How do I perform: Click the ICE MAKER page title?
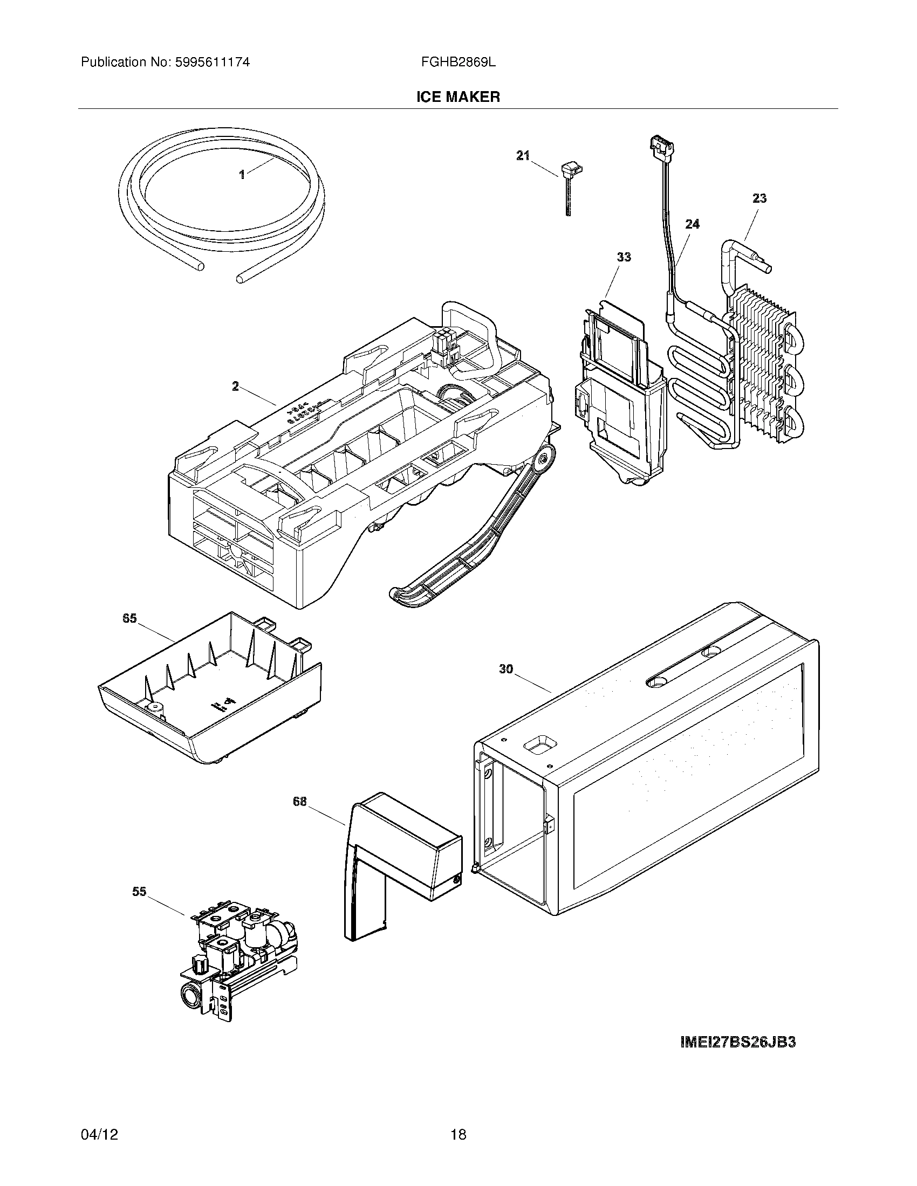click(458, 97)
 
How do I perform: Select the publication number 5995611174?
click(213, 63)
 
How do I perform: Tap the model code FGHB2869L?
click(458, 63)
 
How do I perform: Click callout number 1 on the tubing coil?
click(242, 174)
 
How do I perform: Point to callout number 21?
click(522, 156)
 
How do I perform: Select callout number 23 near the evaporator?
click(759, 198)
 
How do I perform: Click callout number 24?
click(692, 224)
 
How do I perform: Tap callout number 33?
click(624, 257)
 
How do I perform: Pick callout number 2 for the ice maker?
click(235, 386)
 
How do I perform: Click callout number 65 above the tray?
click(129, 618)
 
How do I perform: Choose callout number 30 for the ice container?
click(506, 670)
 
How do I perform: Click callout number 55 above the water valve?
click(139, 891)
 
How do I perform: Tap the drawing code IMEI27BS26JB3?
click(738, 1042)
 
